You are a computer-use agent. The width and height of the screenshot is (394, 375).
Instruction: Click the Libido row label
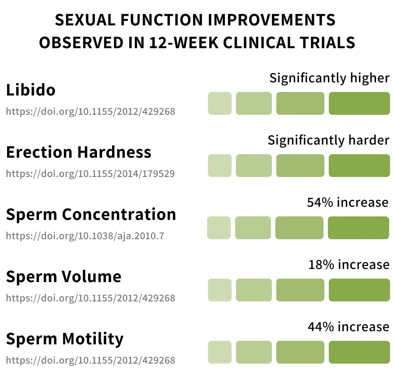coord(31,90)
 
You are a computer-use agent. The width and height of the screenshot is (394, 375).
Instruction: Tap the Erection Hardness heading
coord(79,152)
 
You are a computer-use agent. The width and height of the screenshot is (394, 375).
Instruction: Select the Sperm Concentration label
coord(91,214)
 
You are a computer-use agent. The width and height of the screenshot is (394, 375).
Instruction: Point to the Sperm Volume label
coord(63,277)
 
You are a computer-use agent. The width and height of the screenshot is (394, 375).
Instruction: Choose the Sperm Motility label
coord(65,339)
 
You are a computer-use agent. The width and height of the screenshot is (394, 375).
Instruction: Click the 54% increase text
coord(348,202)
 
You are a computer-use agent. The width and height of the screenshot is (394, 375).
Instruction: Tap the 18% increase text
coord(349,265)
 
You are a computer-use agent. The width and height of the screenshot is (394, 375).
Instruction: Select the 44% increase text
coord(348,327)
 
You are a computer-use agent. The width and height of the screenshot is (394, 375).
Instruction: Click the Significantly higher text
coord(329,78)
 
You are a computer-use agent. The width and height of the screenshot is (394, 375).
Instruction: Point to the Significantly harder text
coord(329,140)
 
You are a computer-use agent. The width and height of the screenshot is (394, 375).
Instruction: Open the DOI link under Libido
coord(91,111)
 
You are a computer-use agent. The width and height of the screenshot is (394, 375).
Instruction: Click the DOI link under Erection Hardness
coord(90,173)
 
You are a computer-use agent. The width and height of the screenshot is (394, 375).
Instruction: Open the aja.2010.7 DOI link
coord(85,236)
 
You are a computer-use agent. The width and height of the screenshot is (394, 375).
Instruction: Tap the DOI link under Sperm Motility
coord(91,360)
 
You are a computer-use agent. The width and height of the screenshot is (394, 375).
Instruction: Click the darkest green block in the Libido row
coord(359,103)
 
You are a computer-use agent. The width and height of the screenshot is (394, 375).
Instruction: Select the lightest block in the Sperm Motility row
coord(220,352)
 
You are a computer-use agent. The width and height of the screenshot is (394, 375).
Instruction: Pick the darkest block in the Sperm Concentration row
coord(359,228)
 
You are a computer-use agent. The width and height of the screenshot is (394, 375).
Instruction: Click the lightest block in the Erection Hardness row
coord(220,166)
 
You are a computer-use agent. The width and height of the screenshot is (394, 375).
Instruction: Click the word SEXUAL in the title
coord(85,20)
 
